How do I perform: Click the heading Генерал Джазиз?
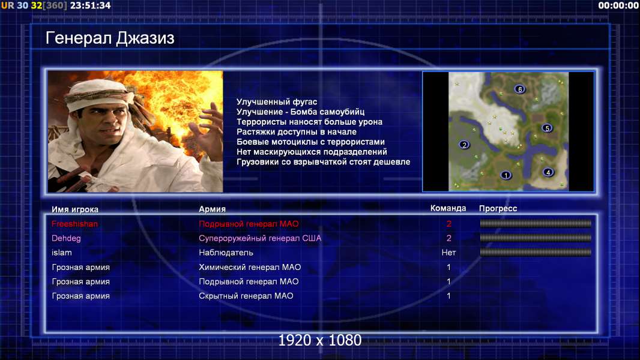(110, 38)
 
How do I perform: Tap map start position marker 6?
(519, 89)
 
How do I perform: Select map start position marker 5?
(547, 128)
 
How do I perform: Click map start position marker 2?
(463, 145)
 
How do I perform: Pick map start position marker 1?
(506, 175)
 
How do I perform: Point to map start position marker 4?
(548, 172)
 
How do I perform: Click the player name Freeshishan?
(74, 224)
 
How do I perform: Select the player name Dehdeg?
(66, 238)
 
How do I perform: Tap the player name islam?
(62, 253)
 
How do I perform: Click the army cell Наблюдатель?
(226, 253)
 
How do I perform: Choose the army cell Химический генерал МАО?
(250, 267)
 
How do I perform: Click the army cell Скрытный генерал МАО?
(246, 296)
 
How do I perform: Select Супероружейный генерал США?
(260, 238)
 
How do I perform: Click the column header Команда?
(448, 208)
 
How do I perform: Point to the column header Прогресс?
(498, 209)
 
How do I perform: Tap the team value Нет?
(448, 253)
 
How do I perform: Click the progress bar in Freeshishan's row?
(536, 223)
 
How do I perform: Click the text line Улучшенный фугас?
(277, 102)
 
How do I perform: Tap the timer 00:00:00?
(618, 5)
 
